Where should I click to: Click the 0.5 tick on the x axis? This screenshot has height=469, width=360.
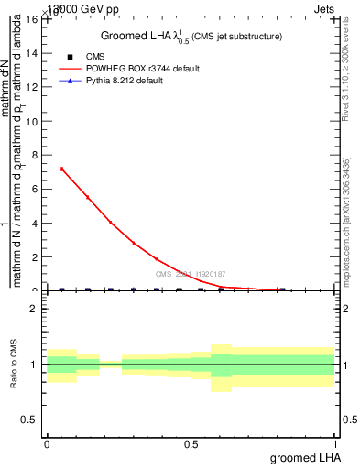191,443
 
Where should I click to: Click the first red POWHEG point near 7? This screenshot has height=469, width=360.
61,169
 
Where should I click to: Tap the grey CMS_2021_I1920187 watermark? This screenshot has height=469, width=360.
191,274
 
